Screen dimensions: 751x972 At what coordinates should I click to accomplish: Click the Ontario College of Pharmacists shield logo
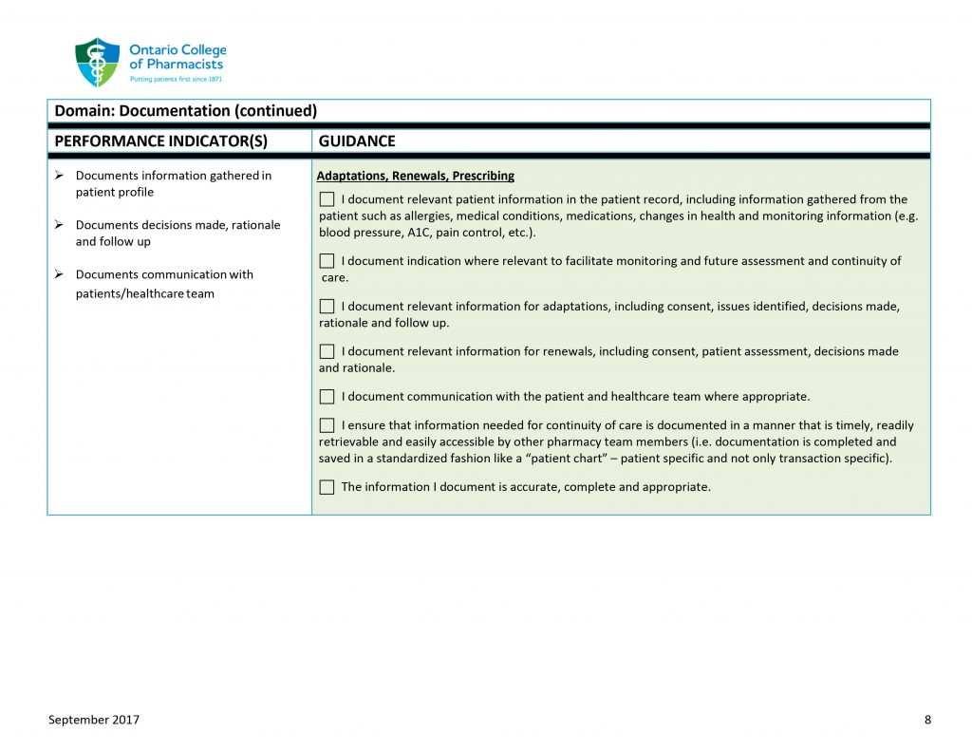point(97,63)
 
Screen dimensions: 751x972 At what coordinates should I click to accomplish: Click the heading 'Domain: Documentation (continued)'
point(186,111)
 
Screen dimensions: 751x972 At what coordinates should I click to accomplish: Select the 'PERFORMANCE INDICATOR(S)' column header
point(161,141)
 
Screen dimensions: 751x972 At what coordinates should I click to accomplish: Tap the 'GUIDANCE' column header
point(357,141)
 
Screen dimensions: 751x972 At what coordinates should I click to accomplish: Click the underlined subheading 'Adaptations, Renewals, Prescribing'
point(416,176)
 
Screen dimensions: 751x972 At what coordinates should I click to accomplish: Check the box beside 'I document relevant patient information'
point(327,199)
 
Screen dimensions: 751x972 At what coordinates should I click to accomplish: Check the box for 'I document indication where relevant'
point(327,260)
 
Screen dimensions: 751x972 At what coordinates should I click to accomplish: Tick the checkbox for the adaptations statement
point(327,306)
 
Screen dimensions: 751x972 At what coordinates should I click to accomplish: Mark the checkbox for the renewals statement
point(327,351)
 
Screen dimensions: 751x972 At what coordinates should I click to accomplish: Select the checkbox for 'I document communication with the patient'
point(327,396)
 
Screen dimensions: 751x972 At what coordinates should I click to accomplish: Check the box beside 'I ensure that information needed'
point(327,425)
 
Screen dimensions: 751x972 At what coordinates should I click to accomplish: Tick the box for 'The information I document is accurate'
point(327,487)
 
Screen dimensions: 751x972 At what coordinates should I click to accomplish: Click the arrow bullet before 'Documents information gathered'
point(59,176)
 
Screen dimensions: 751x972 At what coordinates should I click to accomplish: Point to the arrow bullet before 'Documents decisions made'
point(59,225)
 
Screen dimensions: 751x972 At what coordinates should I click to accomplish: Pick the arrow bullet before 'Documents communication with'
point(59,274)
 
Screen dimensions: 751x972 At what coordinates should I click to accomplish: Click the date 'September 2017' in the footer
point(94,720)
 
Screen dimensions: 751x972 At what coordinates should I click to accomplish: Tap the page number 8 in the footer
point(927,720)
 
